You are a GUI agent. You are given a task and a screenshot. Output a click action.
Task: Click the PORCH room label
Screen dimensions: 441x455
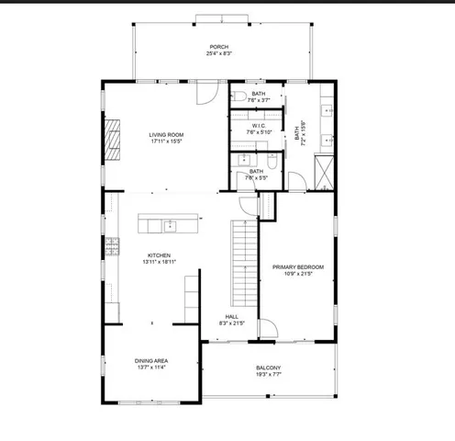[x=218, y=47]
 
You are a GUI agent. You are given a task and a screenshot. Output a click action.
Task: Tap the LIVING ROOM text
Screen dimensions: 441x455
[x=166, y=135]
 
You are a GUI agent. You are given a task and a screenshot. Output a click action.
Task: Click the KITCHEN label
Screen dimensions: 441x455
[x=159, y=255]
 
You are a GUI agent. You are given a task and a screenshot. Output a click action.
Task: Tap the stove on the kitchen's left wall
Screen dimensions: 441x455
[x=111, y=245]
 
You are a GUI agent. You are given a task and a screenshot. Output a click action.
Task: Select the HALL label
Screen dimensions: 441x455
[x=232, y=316]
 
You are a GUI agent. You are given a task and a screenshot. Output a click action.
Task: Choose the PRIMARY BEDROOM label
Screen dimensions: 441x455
[x=297, y=266]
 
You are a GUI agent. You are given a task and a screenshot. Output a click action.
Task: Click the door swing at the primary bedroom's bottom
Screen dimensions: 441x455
[x=267, y=329]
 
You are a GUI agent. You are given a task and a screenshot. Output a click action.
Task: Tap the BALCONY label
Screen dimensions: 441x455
[x=268, y=367]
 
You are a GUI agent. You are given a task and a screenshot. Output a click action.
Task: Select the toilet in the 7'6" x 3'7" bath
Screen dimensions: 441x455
[x=237, y=96]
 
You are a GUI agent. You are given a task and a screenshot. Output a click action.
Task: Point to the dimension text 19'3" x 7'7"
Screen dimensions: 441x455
[x=268, y=375]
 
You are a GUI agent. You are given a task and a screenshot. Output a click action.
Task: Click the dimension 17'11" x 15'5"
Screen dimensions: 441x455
[x=166, y=142]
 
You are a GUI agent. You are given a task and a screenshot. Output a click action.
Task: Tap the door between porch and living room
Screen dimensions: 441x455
[x=209, y=90]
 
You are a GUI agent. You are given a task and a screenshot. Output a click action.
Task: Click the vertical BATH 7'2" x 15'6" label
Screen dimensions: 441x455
[x=298, y=135]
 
